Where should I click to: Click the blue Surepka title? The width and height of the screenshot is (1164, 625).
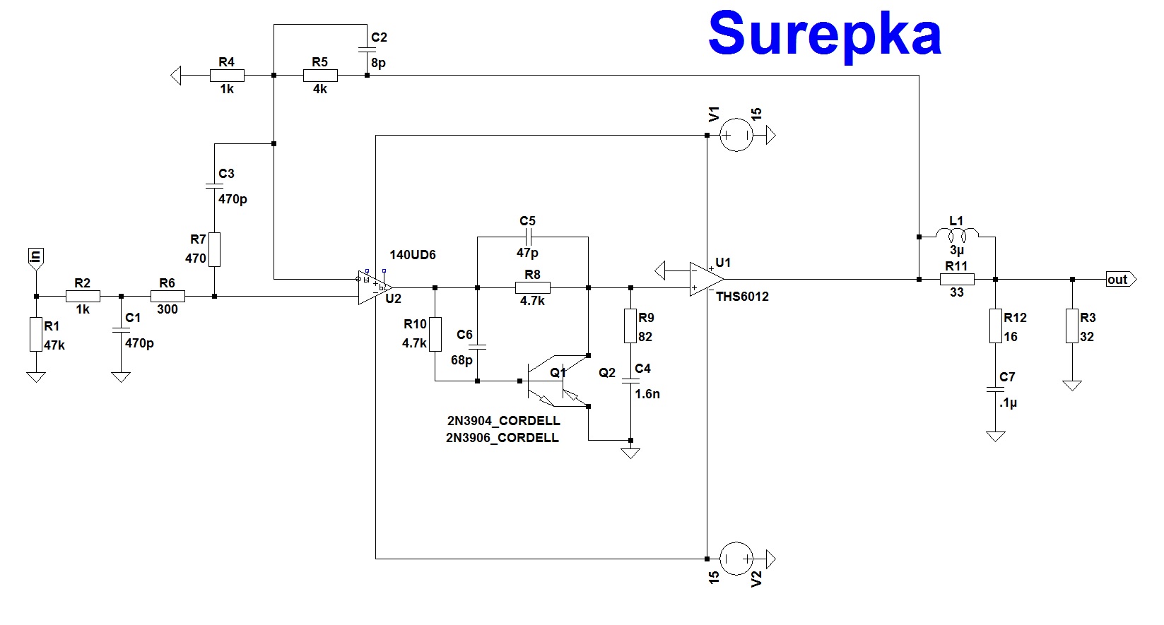point(824,34)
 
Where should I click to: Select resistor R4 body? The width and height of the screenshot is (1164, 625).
point(227,75)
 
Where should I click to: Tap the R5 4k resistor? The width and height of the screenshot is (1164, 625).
point(320,75)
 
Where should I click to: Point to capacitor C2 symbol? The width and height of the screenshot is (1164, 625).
point(367,49)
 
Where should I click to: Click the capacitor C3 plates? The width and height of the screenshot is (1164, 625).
point(214,186)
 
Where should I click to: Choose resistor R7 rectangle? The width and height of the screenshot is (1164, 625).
point(214,249)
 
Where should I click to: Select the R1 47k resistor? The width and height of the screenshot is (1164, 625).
point(36,334)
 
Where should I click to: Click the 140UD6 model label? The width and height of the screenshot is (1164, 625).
point(413,255)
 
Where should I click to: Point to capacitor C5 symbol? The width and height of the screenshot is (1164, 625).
point(528,237)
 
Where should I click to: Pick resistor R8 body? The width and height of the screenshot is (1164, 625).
point(533,287)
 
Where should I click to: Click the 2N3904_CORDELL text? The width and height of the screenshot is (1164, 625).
point(503,421)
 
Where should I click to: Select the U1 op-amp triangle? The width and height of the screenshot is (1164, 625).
point(706,279)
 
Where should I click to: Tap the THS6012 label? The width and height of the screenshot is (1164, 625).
point(742,297)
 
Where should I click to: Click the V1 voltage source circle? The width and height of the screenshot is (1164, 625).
point(736,134)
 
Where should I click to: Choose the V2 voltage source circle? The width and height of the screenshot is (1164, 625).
point(736,559)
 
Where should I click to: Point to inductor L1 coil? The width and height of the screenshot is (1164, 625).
point(956,234)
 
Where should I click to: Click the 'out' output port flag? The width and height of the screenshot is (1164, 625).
point(1120,280)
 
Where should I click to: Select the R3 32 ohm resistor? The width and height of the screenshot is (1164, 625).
point(1072,326)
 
